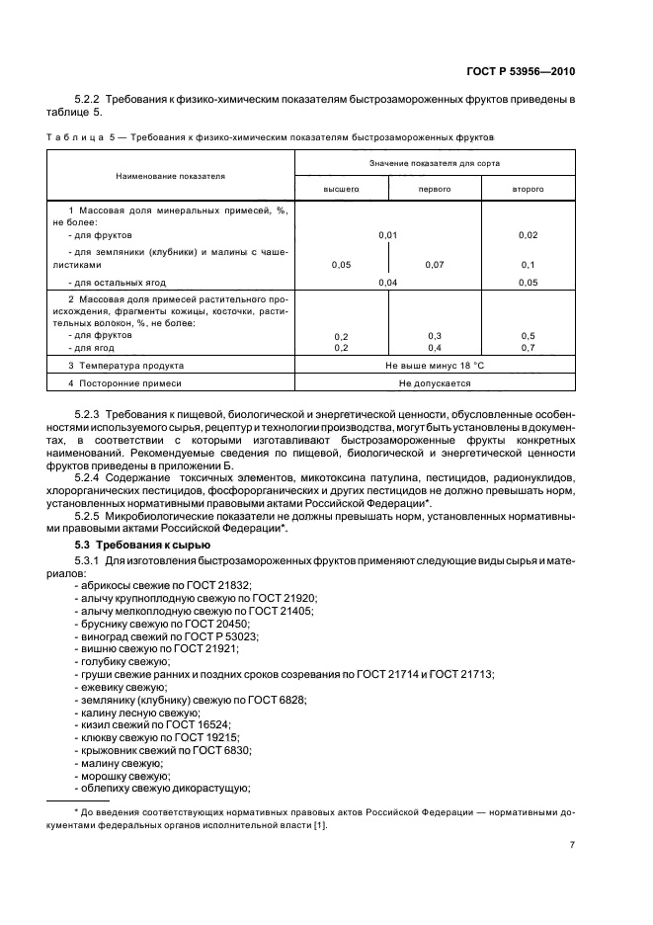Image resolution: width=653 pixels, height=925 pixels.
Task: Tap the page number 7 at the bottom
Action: (572, 845)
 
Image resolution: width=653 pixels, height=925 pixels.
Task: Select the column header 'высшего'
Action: (342, 188)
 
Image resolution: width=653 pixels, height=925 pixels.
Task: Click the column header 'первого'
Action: (435, 188)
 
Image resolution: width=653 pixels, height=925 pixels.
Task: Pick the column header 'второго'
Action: (528, 188)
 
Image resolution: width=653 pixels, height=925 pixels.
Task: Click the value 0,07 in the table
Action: (435, 265)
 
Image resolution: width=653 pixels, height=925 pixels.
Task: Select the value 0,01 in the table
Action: (388, 235)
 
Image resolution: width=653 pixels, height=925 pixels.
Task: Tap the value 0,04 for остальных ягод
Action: (388, 283)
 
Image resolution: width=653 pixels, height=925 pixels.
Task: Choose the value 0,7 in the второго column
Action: (528, 348)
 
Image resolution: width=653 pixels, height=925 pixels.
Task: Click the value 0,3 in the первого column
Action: (435, 336)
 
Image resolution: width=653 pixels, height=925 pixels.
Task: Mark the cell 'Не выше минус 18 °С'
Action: (435, 365)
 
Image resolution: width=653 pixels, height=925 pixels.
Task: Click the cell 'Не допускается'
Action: (435, 382)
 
